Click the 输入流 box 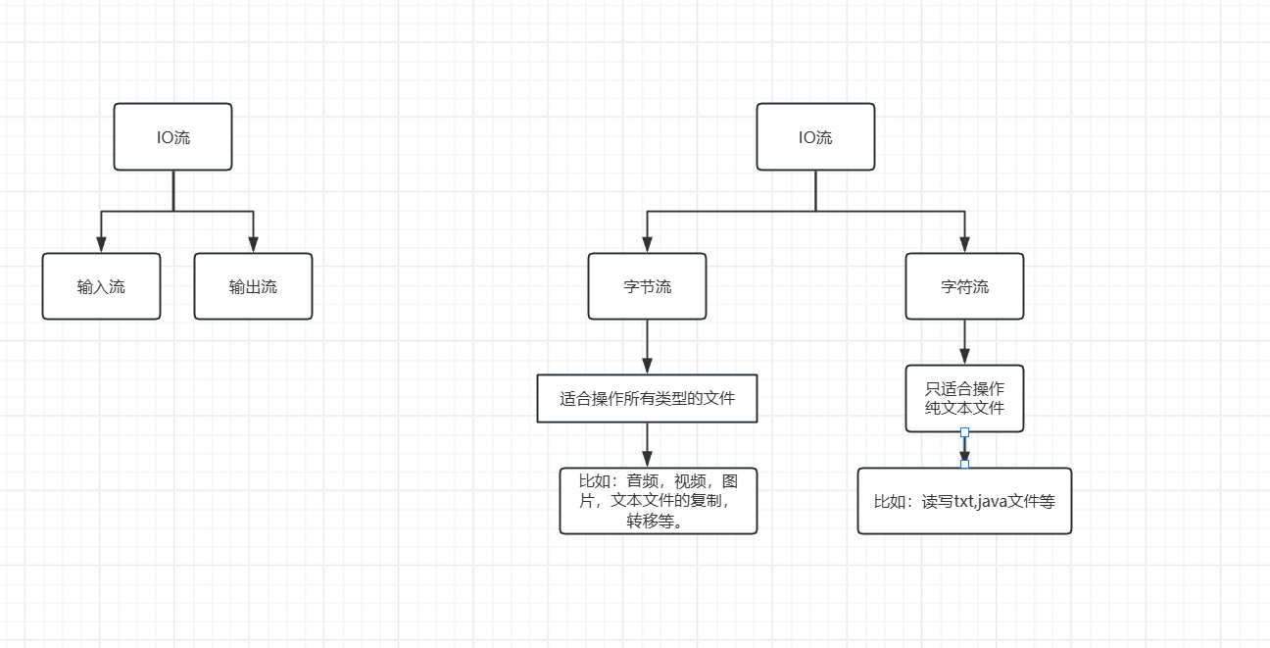tap(101, 286)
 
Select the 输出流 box tap(253, 286)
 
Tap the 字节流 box tap(647, 286)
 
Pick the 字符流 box tap(964, 286)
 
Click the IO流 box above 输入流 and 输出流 tap(172, 137)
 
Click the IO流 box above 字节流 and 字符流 tap(815, 137)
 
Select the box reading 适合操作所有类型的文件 tap(647, 398)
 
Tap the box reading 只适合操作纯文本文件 tap(964, 398)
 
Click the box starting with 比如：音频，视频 tap(659, 501)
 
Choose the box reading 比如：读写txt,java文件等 tap(964, 501)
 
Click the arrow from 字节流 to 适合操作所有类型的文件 tap(647, 346)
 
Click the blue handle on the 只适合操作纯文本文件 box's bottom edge tap(964, 432)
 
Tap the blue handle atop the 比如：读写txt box tap(964, 465)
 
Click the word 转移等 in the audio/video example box tap(655, 521)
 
